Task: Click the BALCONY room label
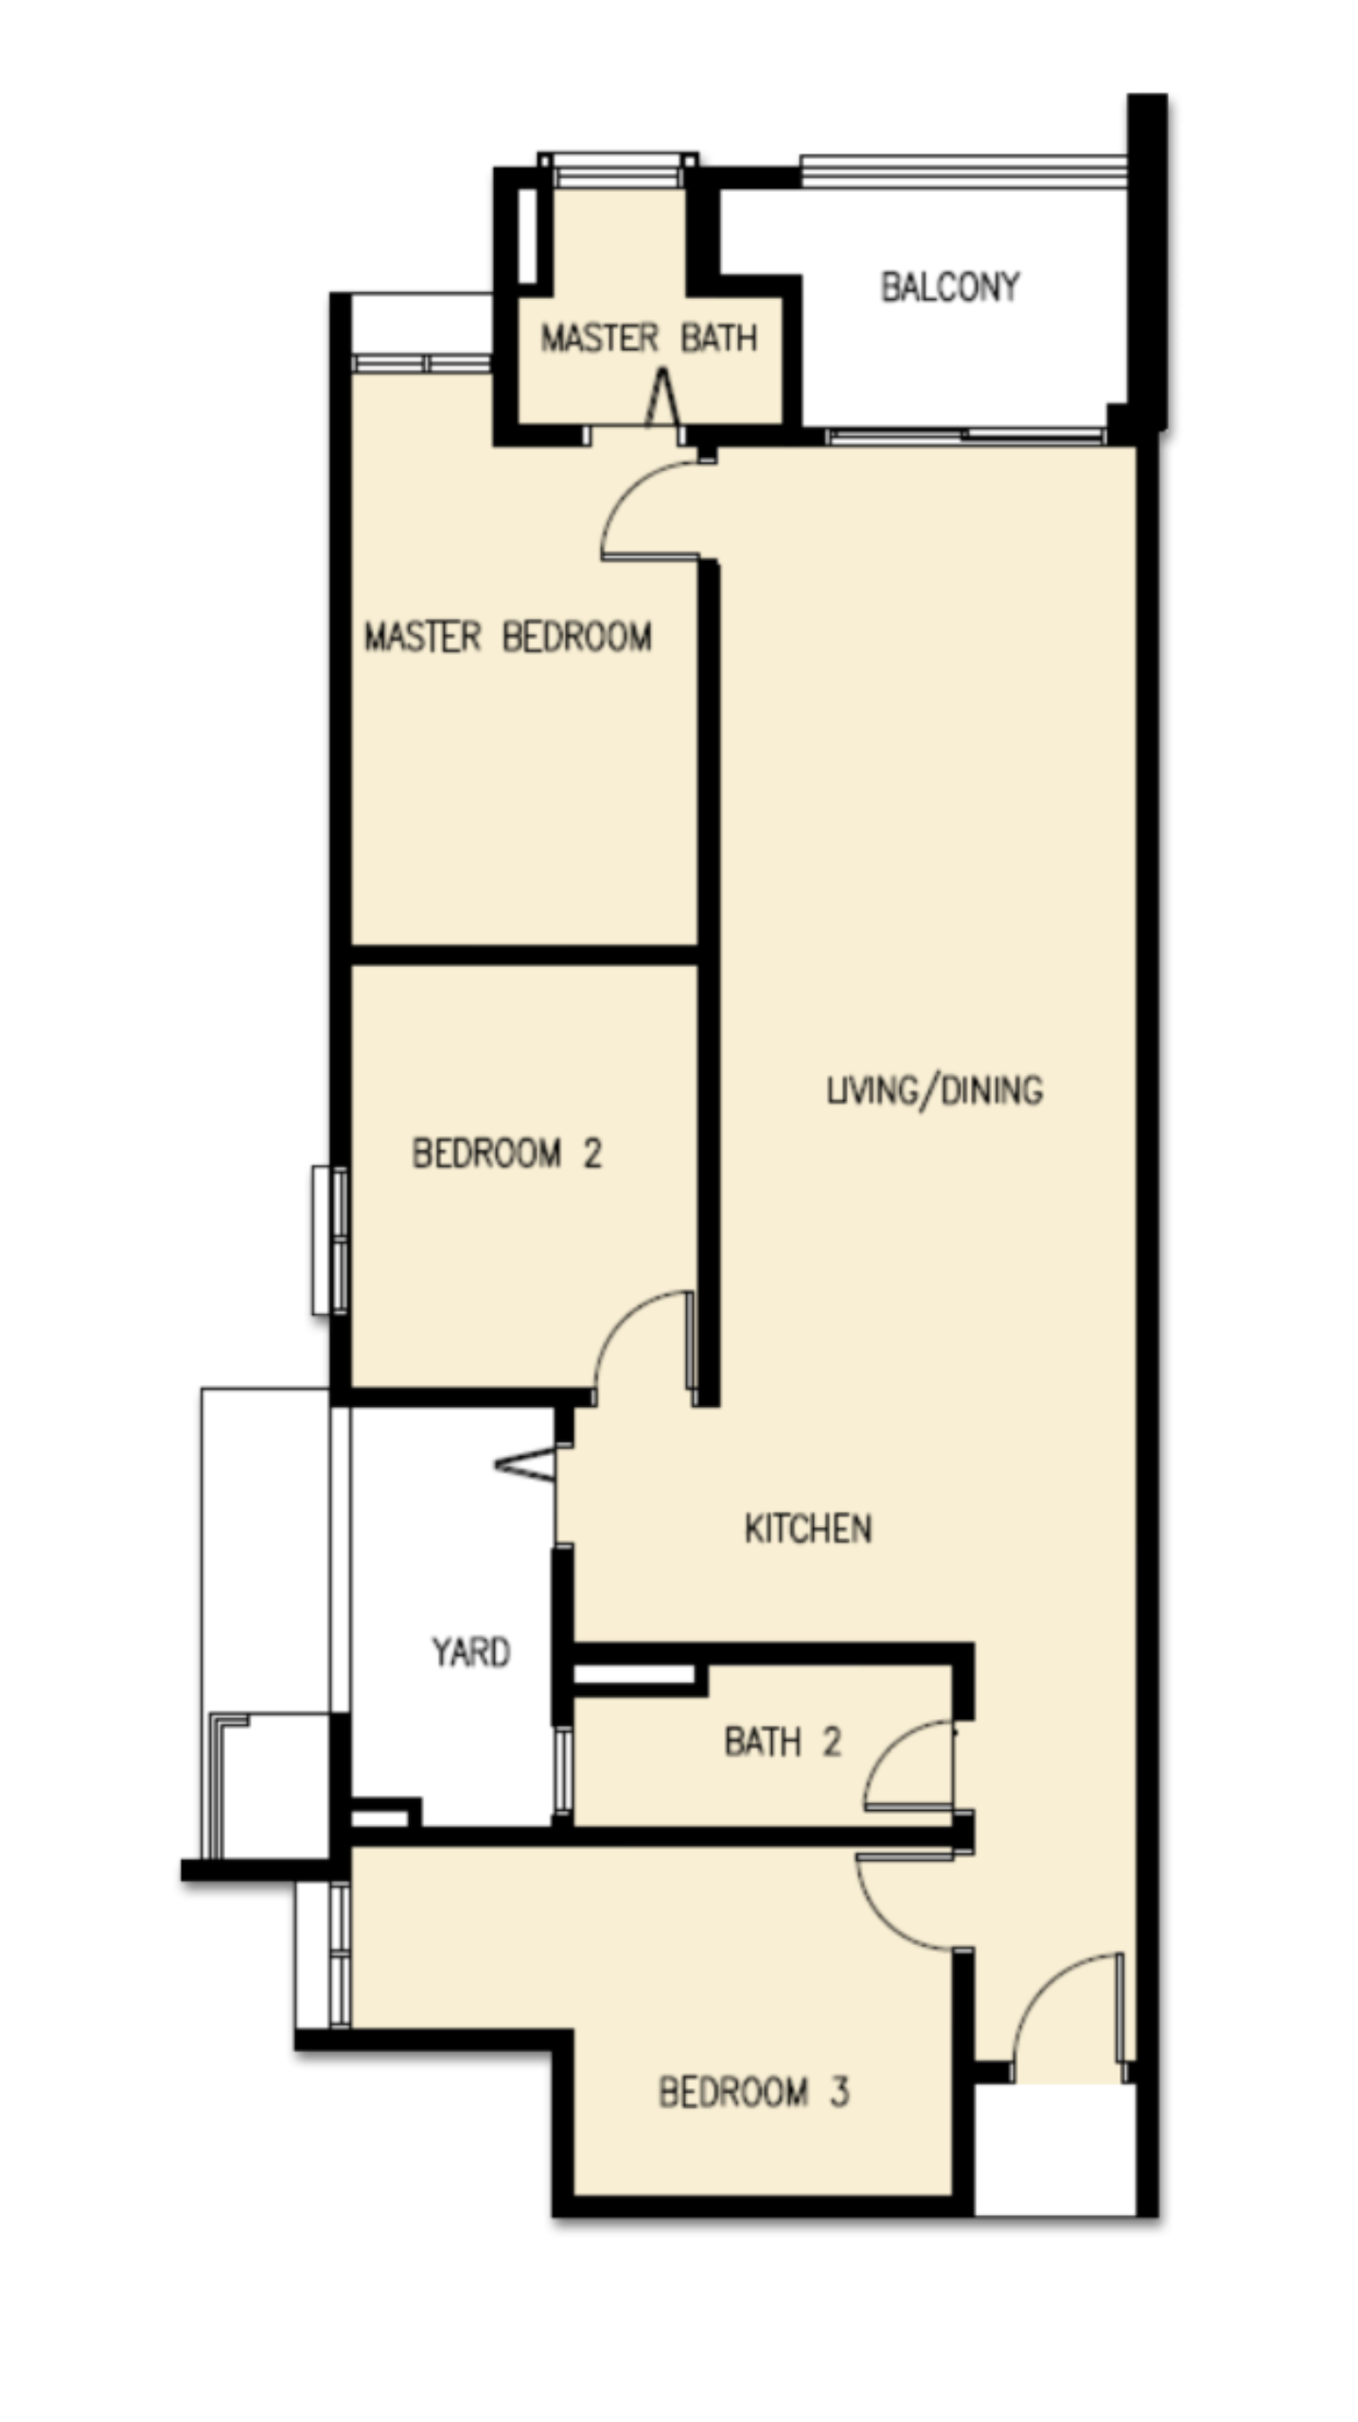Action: pyautogui.click(x=950, y=287)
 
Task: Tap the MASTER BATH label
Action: pyautogui.click(x=648, y=338)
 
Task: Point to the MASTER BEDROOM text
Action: pyautogui.click(x=508, y=637)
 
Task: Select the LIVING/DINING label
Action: pyautogui.click(x=935, y=1091)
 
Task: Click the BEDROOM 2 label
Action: pyautogui.click(x=507, y=1153)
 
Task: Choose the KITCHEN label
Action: pyautogui.click(x=808, y=1529)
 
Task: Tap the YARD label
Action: pyautogui.click(x=471, y=1652)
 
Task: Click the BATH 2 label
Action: pyautogui.click(x=783, y=1742)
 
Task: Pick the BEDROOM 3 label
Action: pyautogui.click(x=753, y=2092)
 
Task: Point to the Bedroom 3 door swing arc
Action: pyautogui.click(x=885, y=1921)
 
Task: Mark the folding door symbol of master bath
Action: pyautogui.click(x=661, y=397)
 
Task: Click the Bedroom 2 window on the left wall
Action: pyautogui.click(x=330, y=1240)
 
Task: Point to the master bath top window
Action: pyautogui.click(x=618, y=169)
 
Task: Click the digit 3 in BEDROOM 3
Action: pyautogui.click(x=839, y=2092)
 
